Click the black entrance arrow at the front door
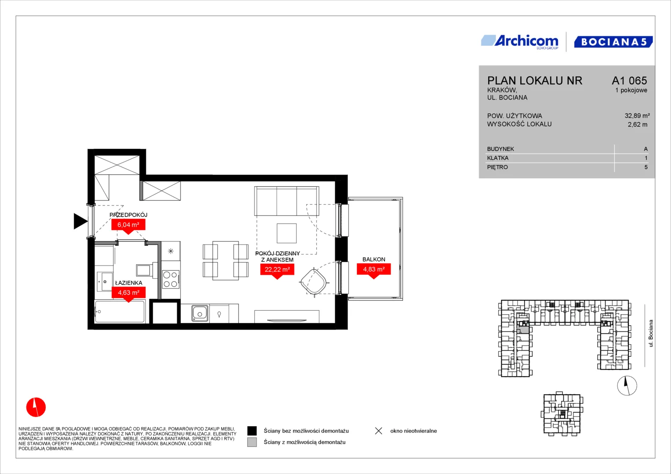[80, 222]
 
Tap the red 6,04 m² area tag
[128, 225]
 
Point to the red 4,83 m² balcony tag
[374, 270]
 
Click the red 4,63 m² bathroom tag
[128, 293]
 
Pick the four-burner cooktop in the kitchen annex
[171, 279]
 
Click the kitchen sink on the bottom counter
[200, 313]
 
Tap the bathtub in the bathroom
[120, 312]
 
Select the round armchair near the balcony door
[314, 282]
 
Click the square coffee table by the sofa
[287, 233]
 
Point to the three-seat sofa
[287, 201]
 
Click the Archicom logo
[520, 42]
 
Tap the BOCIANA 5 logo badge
[613, 42]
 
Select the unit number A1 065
[629, 80]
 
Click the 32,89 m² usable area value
[637, 115]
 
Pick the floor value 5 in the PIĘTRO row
[646, 167]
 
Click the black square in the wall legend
[252, 431]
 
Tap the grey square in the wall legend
[252, 442]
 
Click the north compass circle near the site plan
[627, 385]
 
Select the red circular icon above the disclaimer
[36, 407]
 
